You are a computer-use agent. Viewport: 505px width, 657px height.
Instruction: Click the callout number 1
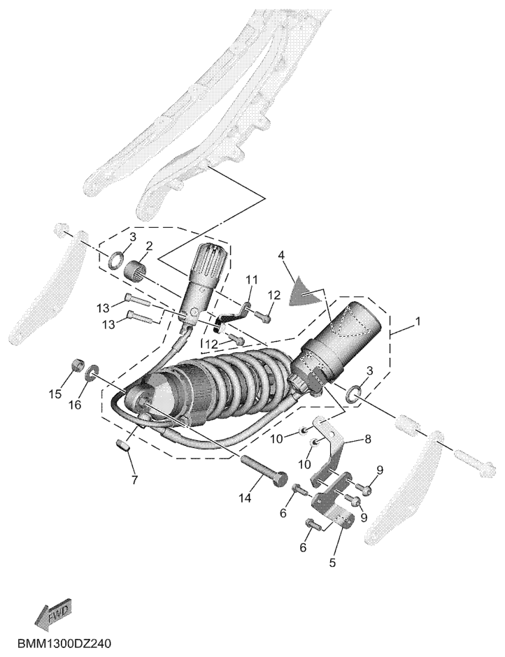click(x=418, y=322)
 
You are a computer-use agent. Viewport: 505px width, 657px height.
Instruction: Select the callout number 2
click(x=149, y=246)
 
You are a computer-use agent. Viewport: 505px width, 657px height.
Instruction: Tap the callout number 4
click(x=281, y=256)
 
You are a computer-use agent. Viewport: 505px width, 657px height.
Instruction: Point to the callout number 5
click(x=332, y=561)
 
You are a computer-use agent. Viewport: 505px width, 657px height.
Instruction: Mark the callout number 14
click(x=244, y=498)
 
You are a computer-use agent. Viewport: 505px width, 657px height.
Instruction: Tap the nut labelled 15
click(x=77, y=366)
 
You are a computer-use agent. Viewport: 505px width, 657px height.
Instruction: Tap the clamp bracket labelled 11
click(x=232, y=315)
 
